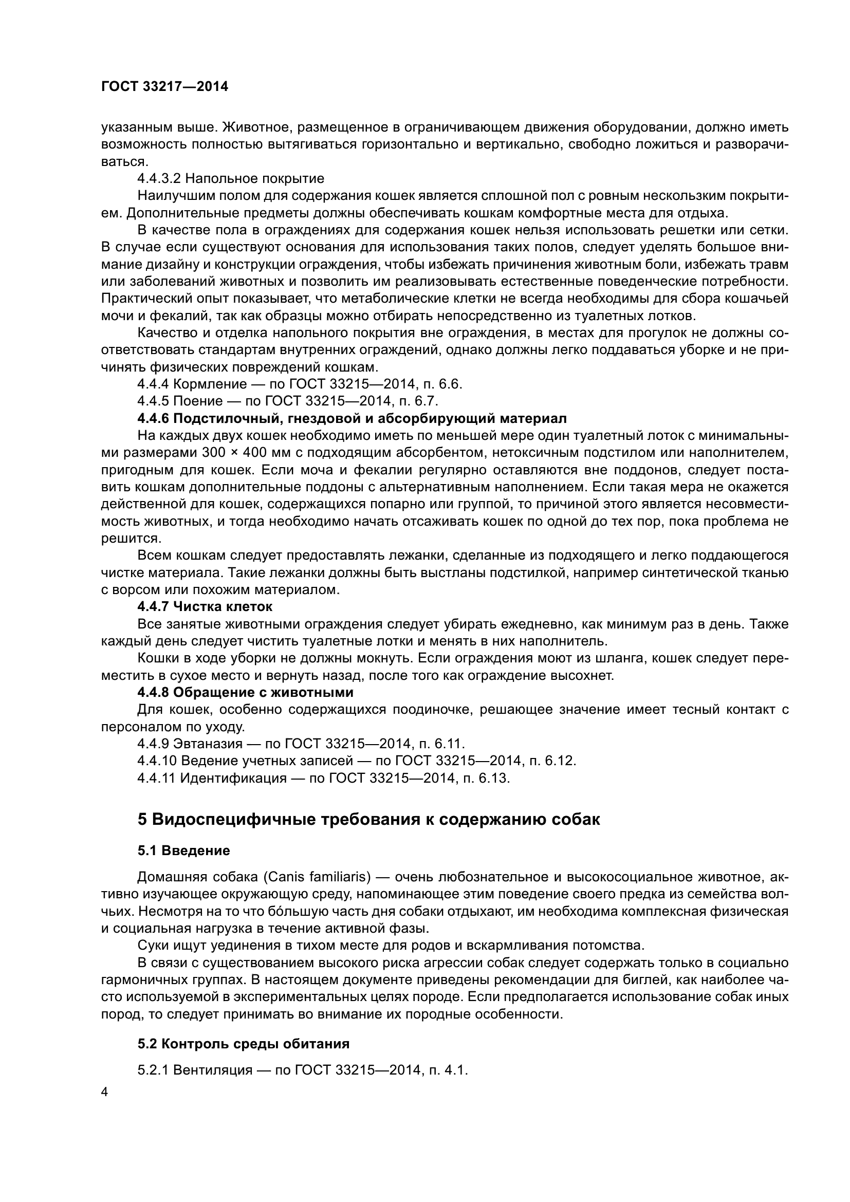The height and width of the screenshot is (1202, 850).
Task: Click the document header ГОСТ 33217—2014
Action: click(164, 87)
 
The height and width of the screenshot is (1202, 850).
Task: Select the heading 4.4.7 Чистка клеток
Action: click(205, 607)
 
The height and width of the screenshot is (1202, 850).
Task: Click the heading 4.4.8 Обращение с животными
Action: click(245, 693)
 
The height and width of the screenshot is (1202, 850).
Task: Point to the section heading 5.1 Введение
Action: click(183, 850)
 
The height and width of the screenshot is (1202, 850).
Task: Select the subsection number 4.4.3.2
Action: click(159, 179)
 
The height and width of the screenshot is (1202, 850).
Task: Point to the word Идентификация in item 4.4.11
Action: click(233, 778)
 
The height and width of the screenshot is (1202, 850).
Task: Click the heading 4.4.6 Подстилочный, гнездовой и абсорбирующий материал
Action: click(352, 419)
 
